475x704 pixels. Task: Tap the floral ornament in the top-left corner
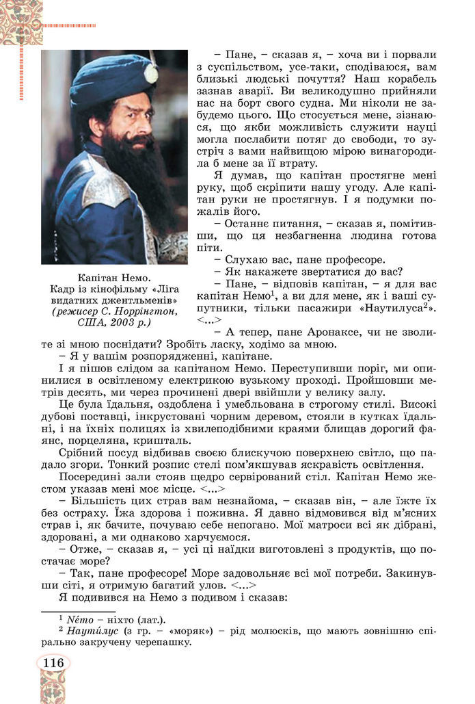click(x=21, y=21)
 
